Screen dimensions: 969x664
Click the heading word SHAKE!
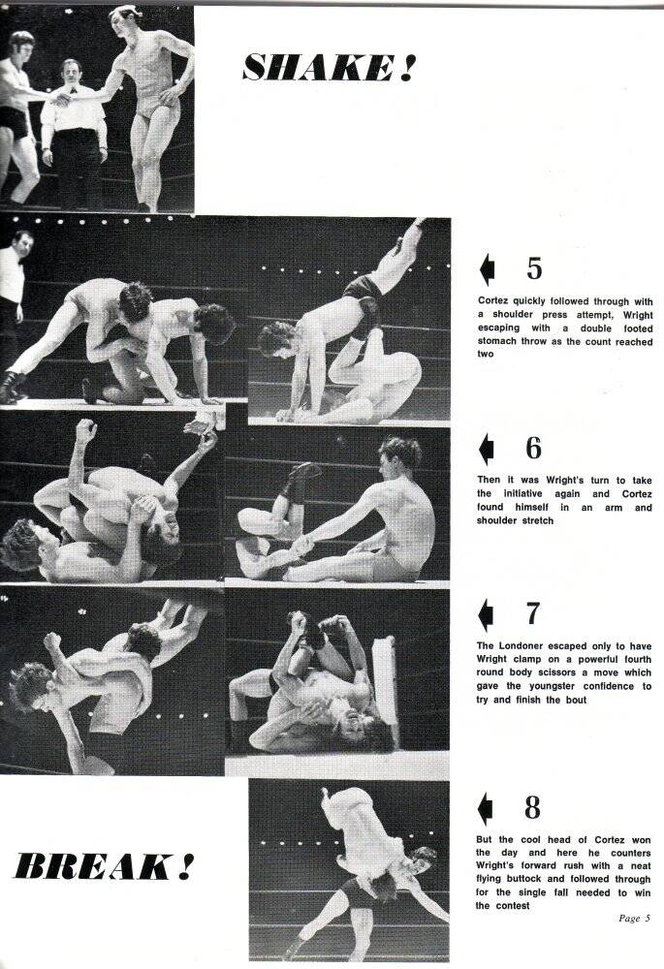(x=330, y=67)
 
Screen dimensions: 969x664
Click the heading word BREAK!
(x=100, y=865)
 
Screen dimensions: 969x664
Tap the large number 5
(x=534, y=267)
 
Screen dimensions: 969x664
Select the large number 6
(x=534, y=449)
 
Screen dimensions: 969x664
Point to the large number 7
(x=533, y=613)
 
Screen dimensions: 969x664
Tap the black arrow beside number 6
(x=487, y=450)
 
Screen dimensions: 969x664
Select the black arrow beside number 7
(x=487, y=614)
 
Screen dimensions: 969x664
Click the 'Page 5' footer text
(x=635, y=919)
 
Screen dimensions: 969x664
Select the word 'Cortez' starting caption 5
(x=497, y=300)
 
